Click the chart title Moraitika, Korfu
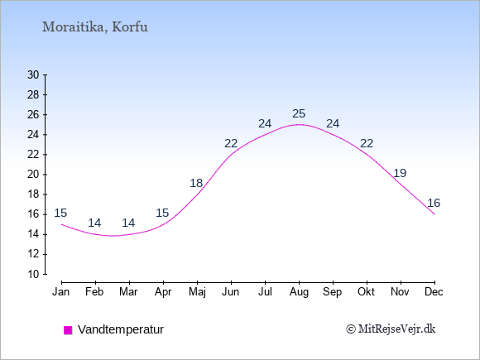pos(95,27)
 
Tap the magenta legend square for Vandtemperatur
pos(68,330)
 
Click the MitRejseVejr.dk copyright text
pos(391,329)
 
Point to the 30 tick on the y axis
pos(33,74)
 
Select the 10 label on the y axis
pos(33,274)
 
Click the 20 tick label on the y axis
pos(33,175)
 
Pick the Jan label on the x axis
pos(61,292)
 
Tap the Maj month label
pos(197,292)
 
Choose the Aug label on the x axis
pos(299,292)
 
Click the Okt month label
pos(367,292)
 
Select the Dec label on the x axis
pos(434,292)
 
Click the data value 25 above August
pos(299,113)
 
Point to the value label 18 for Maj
pos(196,183)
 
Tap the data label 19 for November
pos(400,173)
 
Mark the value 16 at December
pos(434,203)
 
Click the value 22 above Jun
pos(231,143)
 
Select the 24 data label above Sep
pos(333,123)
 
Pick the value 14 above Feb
pos(94,223)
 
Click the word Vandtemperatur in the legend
pos(121,329)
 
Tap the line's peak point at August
pos(299,125)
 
